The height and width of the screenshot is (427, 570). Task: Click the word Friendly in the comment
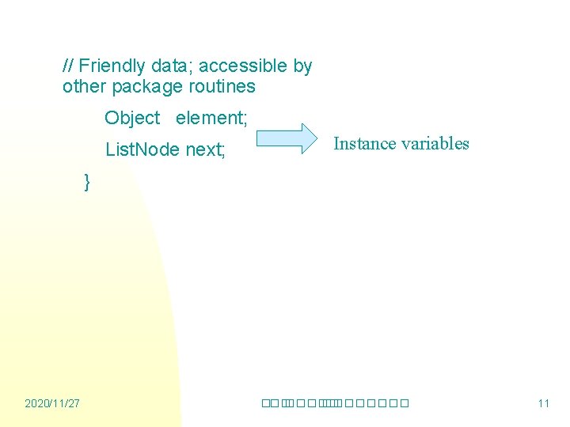click(x=112, y=66)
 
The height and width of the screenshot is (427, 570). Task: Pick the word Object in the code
click(x=132, y=118)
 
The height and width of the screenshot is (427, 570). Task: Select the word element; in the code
click(x=211, y=118)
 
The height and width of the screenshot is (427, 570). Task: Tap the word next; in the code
click(x=205, y=149)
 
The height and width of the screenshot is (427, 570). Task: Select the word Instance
click(x=363, y=143)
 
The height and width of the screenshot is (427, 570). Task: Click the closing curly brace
click(x=87, y=183)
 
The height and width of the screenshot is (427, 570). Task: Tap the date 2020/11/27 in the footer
click(x=52, y=403)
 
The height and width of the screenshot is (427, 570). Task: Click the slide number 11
click(x=543, y=403)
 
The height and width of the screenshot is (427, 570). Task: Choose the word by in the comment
click(x=303, y=66)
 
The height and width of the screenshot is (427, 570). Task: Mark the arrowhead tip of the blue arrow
click(x=313, y=138)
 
